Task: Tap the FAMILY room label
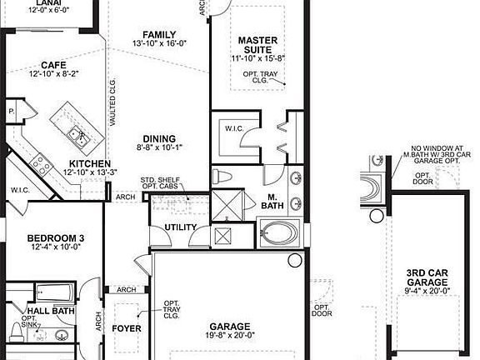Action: pos(158,34)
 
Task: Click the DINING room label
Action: pos(158,138)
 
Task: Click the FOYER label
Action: pos(127,328)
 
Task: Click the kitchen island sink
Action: pos(74,133)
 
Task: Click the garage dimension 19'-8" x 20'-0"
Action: pos(225,337)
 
